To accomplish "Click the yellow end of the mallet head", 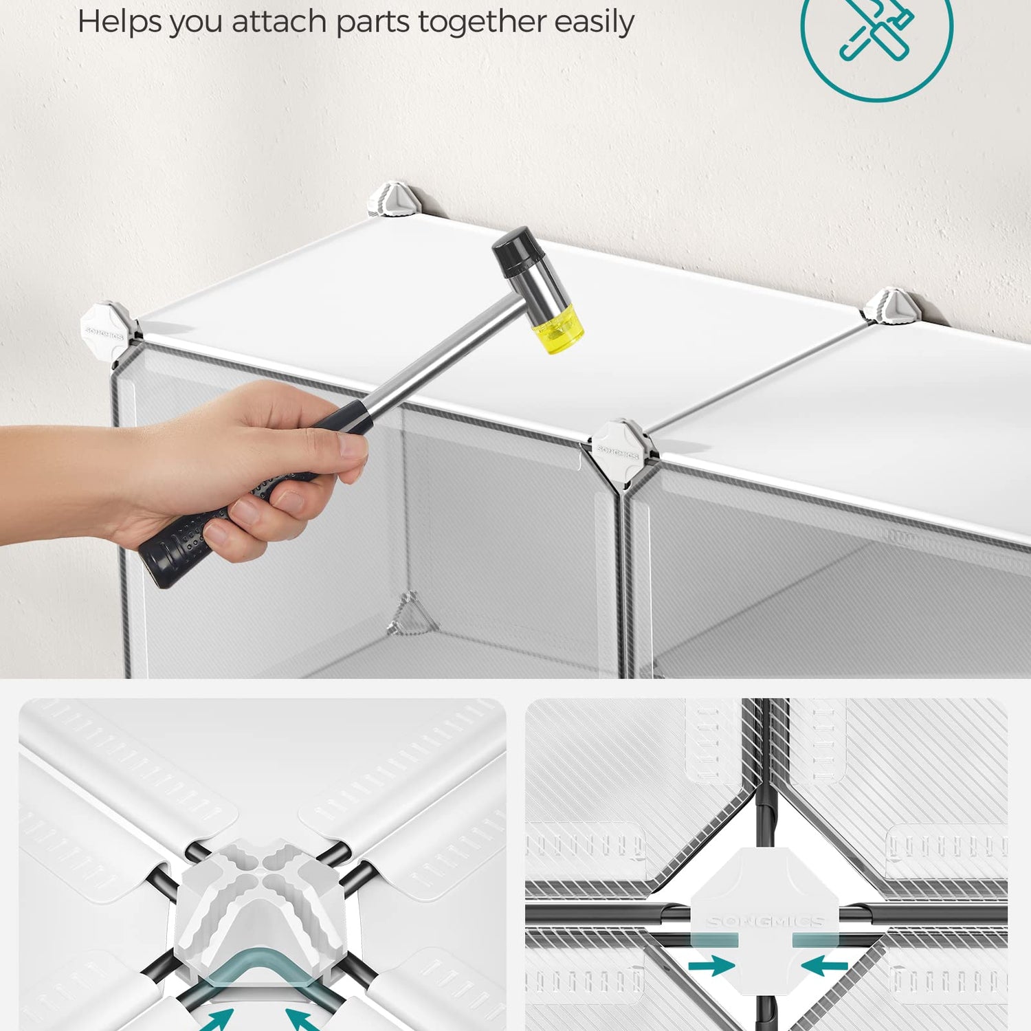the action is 558,329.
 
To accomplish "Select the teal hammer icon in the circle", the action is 877,31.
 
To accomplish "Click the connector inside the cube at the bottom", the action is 411,614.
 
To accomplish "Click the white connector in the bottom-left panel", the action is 261,907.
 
